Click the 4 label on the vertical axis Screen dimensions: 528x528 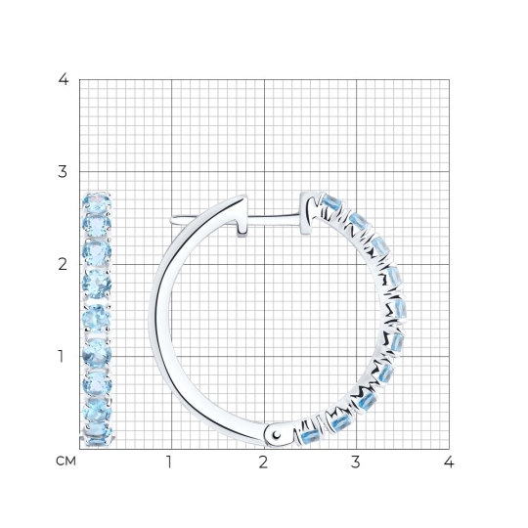pyautogui.click(x=64, y=79)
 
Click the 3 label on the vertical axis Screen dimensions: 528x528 pyautogui.click(x=63, y=172)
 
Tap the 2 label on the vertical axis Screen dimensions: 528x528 pyautogui.click(x=63, y=265)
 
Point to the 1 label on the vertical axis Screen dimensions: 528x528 pyautogui.click(x=61, y=356)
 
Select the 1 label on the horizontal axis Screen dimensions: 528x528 pyautogui.click(x=169, y=462)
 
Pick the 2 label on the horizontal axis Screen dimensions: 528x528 pyautogui.click(x=263, y=462)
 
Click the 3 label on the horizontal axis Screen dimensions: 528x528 pyautogui.click(x=356, y=462)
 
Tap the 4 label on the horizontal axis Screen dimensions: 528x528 pyautogui.click(x=449, y=462)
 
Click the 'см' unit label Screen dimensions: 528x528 pyautogui.click(x=66, y=462)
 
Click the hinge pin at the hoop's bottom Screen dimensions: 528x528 pyautogui.click(x=277, y=435)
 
